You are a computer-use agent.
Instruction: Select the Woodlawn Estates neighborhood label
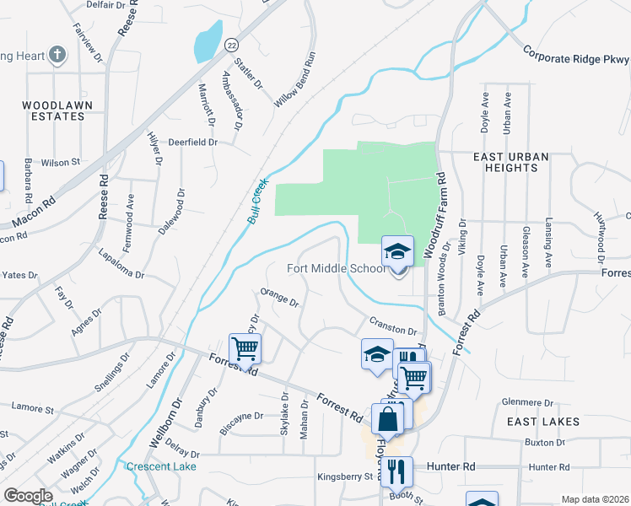pyautogui.click(x=57, y=111)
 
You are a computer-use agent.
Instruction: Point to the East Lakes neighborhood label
pyautogui.click(x=542, y=421)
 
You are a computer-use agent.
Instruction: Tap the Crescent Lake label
pyautogui.click(x=160, y=466)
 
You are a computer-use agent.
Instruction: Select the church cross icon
pyautogui.click(x=57, y=56)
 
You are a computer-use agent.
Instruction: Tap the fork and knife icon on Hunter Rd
pyautogui.click(x=396, y=470)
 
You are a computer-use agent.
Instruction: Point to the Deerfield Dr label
pyautogui.click(x=191, y=143)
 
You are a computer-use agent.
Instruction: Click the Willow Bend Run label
pyautogui.click(x=294, y=79)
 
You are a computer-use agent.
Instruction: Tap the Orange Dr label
pyautogui.click(x=280, y=297)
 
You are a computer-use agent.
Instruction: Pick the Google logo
pyautogui.click(x=28, y=496)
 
